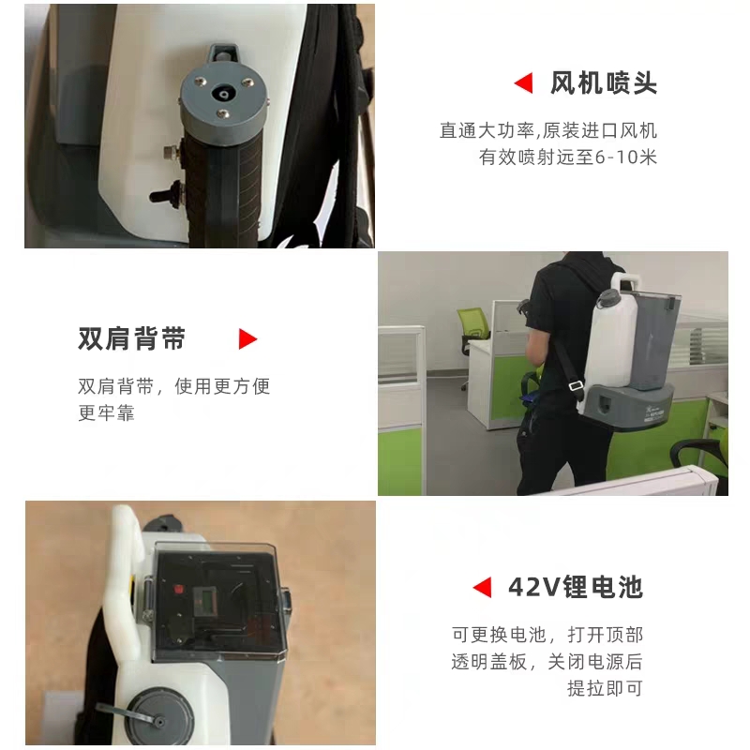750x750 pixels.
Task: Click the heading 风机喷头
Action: click(x=604, y=83)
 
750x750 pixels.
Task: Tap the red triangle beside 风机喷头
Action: click(x=524, y=83)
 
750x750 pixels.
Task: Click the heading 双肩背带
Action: click(x=131, y=339)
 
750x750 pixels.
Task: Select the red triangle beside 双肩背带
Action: click(x=247, y=339)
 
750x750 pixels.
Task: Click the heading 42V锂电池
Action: click(x=576, y=587)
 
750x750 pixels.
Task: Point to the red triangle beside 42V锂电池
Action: click(x=482, y=587)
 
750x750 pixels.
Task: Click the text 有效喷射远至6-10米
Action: click(x=568, y=157)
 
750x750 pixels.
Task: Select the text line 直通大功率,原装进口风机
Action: click(x=548, y=130)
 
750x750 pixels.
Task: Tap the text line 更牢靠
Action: click(x=107, y=412)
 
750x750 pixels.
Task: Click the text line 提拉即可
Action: click(x=605, y=688)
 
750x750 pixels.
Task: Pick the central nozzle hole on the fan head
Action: click(x=222, y=95)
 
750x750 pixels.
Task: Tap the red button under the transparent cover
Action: click(x=179, y=589)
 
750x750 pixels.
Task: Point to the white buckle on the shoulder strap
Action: click(x=577, y=384)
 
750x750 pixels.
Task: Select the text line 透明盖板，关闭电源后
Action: click(x=547, y=662)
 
